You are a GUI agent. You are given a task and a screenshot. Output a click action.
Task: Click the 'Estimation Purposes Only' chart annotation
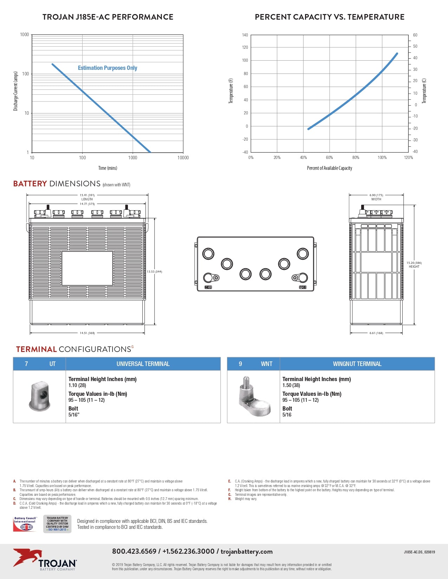108,68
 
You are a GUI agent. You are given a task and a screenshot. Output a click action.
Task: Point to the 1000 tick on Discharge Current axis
25,35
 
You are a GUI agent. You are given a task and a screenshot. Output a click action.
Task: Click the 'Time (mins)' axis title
108,168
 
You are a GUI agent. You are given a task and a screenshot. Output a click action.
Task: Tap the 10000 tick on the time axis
183,158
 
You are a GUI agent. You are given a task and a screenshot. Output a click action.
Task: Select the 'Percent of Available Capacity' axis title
329,168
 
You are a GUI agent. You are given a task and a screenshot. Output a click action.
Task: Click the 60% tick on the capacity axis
329,158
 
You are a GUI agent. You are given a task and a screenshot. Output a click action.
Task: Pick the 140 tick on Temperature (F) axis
245,35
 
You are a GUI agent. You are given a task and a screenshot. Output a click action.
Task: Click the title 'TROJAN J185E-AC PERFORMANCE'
108,17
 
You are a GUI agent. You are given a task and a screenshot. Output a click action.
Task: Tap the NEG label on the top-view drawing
208,287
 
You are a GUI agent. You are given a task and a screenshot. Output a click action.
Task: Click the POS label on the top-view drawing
303,287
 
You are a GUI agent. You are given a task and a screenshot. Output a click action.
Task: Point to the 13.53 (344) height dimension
154,272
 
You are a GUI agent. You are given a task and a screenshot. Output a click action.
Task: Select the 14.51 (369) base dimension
87,333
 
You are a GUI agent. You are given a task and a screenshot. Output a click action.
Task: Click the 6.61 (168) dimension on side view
376,333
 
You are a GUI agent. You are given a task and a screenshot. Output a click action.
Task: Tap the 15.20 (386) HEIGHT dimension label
414,265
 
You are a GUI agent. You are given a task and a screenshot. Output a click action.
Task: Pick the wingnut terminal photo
254,397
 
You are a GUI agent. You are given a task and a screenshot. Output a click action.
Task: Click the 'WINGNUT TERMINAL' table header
357,364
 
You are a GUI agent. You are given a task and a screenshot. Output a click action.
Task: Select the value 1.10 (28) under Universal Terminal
77,385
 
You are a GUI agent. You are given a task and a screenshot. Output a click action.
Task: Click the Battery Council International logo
25,524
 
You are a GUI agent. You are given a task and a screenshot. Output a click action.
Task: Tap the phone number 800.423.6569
134,551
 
